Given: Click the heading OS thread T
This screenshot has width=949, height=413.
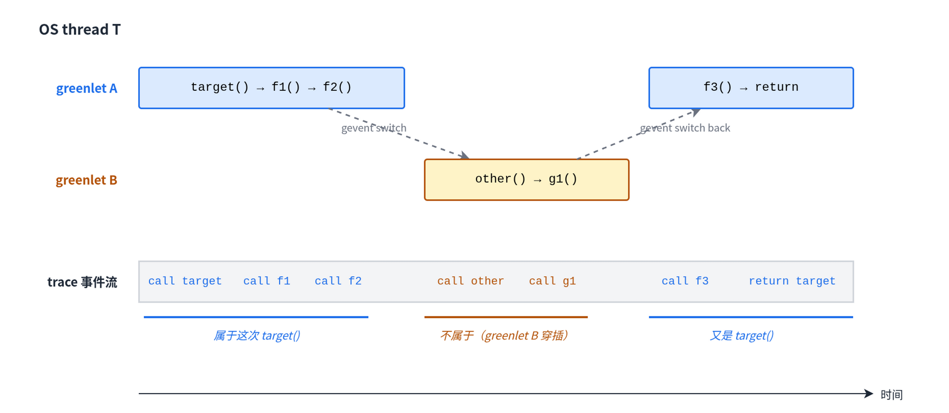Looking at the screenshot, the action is (x=80, y=30).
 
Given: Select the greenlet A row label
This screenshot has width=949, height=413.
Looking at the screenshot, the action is (x=87, y=88).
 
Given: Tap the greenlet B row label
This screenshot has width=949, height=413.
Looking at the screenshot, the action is (x=87, y=180).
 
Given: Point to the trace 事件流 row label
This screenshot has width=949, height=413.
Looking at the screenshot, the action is (x=82, y=282).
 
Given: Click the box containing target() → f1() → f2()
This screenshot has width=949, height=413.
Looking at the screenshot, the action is (x=271, y=88).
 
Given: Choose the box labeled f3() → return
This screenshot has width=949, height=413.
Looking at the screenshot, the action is (x=751, y=88).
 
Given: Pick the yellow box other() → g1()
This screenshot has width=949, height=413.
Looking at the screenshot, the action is (x=527, y=179).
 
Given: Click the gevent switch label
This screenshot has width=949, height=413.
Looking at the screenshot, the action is (x=374, y=128).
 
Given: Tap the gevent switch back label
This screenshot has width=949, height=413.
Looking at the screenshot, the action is (x=685, y=128).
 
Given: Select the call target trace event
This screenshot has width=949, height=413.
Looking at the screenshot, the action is (x=185, y=281).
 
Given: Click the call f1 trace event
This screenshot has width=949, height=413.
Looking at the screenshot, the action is (x=267, y=281).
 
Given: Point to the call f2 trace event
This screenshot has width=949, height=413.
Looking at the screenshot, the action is (x=338, y=281).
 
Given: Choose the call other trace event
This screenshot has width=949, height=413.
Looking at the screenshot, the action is (x=470, y=281).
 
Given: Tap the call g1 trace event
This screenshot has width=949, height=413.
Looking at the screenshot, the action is (x=553, y=281).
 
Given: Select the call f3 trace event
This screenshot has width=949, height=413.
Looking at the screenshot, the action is (x=685, y=281).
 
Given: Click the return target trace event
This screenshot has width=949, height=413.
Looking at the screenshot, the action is (x=792, y=281).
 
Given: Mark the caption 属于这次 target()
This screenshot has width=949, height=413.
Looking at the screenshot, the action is (x=257, y=335).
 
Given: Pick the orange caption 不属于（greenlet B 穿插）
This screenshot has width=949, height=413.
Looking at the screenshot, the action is (x=505, y=335).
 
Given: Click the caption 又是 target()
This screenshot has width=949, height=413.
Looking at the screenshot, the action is (x=742, y=335).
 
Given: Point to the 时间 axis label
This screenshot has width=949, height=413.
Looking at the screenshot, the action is (x=891, y=395).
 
